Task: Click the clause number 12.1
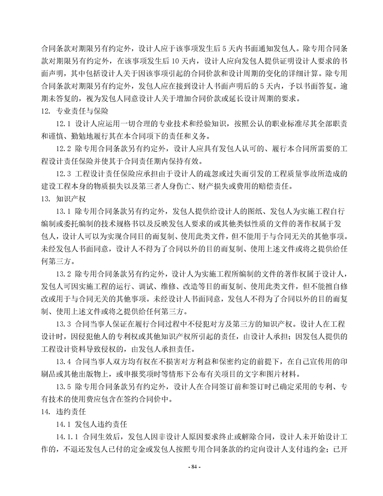click(63, 124)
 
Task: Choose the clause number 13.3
click(63, 324)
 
